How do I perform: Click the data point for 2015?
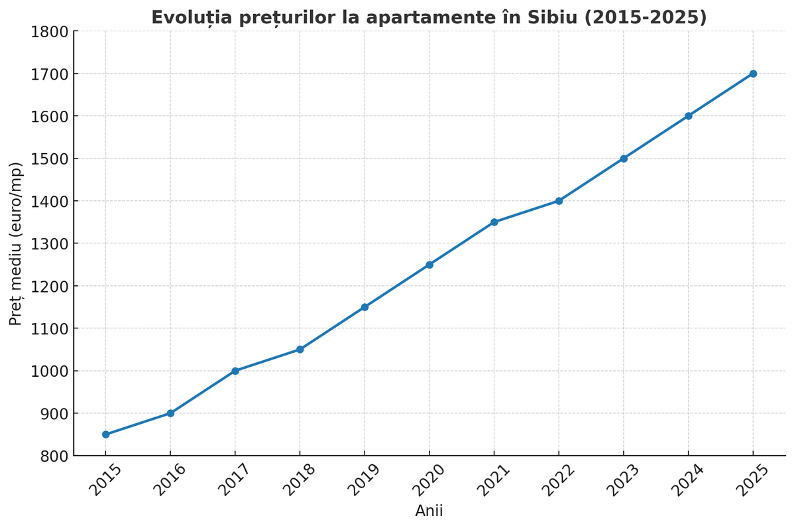(x=105, y=434)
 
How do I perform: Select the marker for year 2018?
(x=300, y=350)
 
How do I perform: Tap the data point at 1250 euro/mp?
(x=429, y=265)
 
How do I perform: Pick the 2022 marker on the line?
(x=559, y=201)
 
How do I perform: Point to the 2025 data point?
(x=753, y=74)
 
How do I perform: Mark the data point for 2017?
(x=235, y=371)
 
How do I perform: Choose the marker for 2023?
(x=624, y=159)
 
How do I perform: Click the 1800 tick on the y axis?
(x=50, y=31)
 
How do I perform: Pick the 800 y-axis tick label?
(x=54, y=456)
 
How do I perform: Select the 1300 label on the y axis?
(x=50, y=243)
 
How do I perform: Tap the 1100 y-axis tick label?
(x=50, y=328)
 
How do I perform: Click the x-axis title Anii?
(x=429, y=511)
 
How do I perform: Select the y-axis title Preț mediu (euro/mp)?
(x=16, y=243)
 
